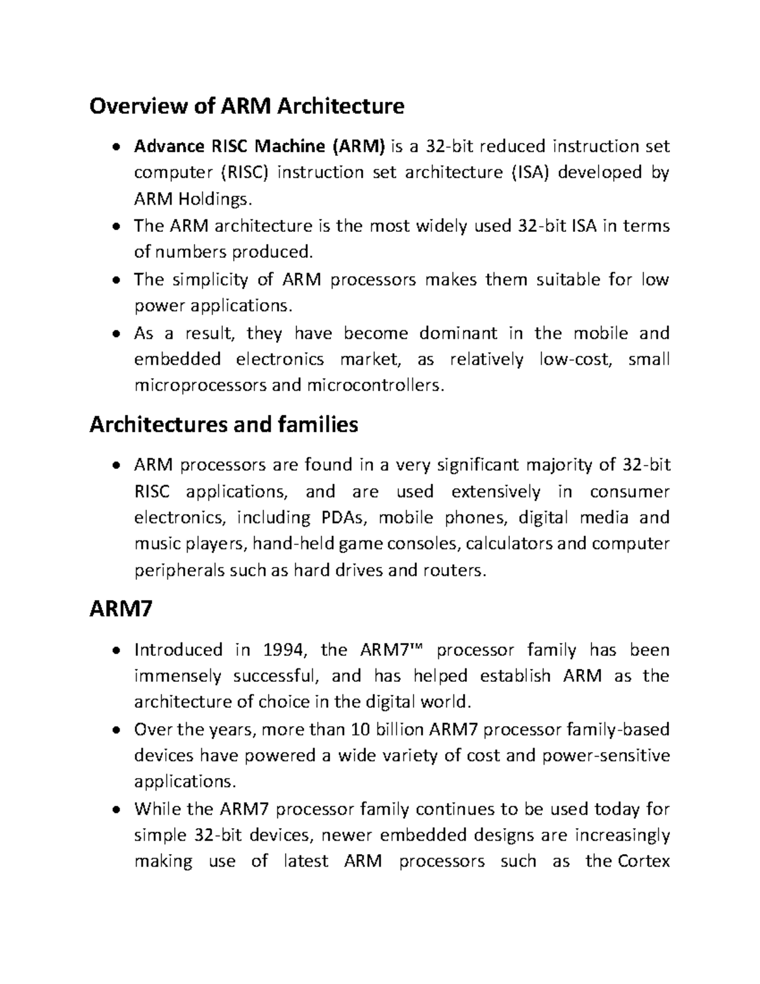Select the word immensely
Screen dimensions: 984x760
(178, 676)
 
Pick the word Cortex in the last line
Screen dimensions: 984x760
(643, 861)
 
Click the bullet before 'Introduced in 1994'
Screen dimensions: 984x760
(116, 651)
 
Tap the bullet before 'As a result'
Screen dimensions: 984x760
(116, 334)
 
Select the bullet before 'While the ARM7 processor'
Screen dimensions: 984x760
(116, 810)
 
